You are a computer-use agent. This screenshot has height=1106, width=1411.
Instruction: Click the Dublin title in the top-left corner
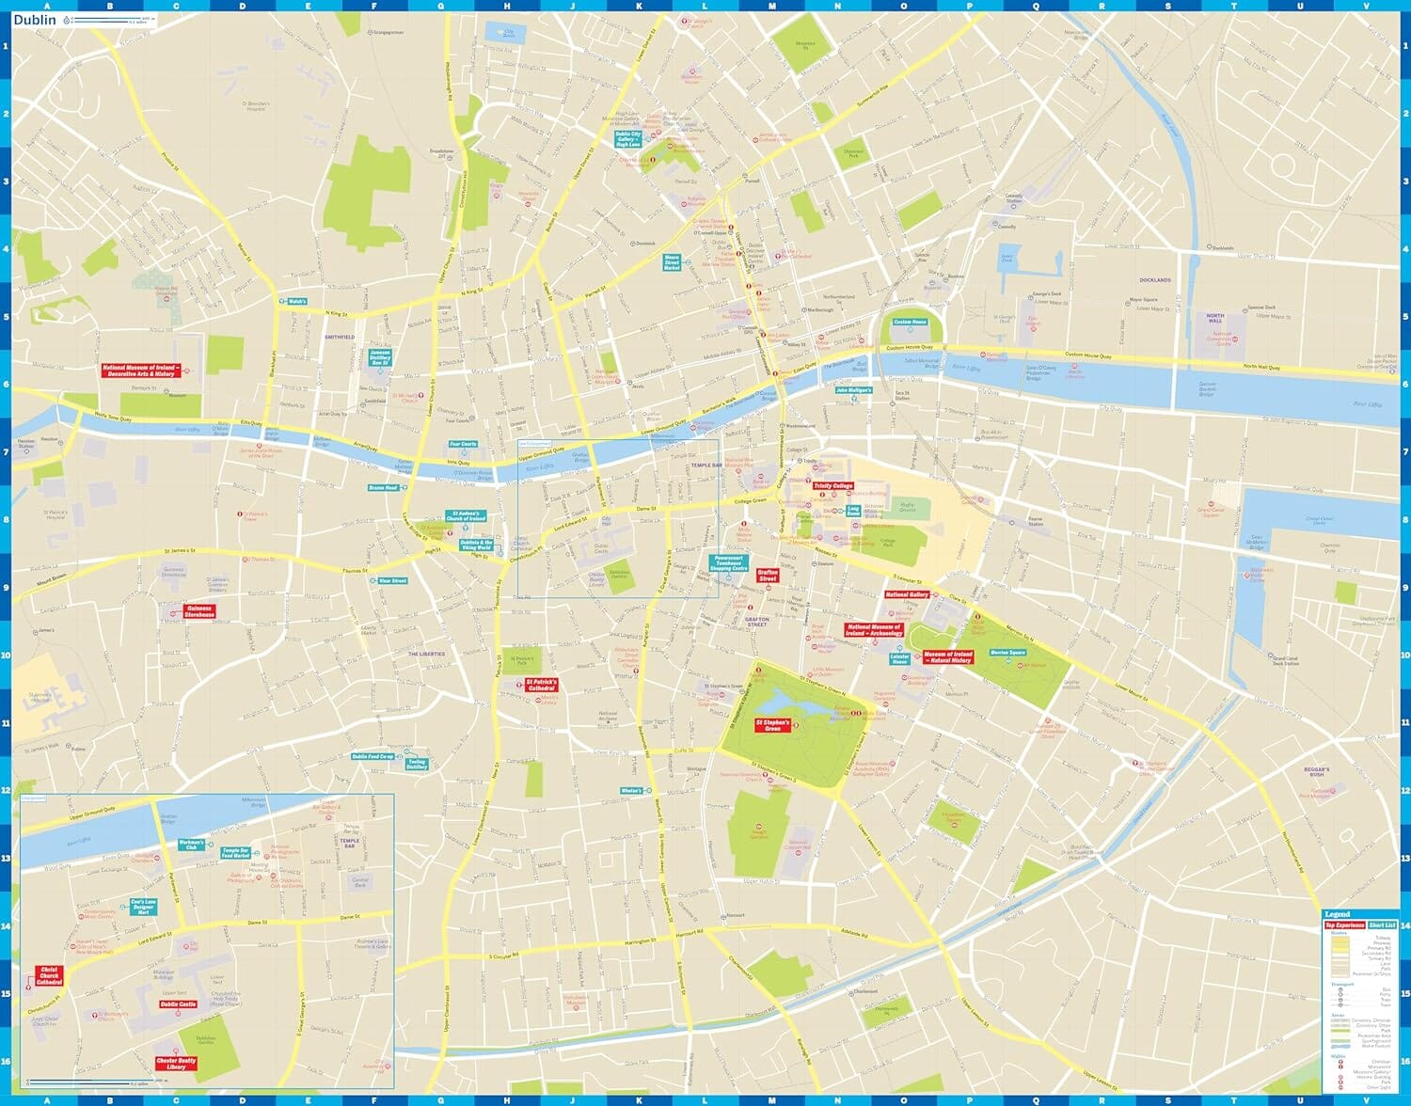pos(35,20)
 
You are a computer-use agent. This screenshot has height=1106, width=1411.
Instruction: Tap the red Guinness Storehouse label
pos(199,611)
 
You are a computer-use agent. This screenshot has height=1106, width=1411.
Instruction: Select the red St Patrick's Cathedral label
pos(541,685)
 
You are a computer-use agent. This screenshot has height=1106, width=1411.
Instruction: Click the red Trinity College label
pos(832,486)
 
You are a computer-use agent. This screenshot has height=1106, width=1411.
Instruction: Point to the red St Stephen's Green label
pos(772,725)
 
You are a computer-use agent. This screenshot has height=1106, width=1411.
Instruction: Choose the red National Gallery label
pos(907,594)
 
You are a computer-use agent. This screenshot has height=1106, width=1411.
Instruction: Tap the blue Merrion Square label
pos(1007,653)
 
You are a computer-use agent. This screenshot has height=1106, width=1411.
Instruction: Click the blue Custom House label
pos(910,323)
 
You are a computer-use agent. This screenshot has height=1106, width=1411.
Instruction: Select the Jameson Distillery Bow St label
pos(380,357)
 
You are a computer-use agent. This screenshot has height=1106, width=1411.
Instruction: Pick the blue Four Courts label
pos(463,444)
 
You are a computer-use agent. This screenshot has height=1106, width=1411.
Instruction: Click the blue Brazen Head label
pos(383,488)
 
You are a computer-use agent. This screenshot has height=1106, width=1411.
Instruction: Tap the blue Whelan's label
pos(631,791)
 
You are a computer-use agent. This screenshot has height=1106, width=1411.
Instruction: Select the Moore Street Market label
pos(672,262)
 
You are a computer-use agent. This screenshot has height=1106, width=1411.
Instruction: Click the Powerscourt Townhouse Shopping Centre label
pos(728,563)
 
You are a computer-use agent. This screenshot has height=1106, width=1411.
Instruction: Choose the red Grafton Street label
pos(768,575)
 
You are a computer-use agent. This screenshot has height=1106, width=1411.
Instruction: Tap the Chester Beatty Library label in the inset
pos(176,1064)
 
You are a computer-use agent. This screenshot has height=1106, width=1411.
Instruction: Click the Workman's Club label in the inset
pos(191,845)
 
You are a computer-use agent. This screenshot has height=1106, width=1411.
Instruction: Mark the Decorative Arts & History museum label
pos(140,371)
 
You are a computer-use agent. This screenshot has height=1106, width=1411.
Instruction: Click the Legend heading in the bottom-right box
pos(1337,914)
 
